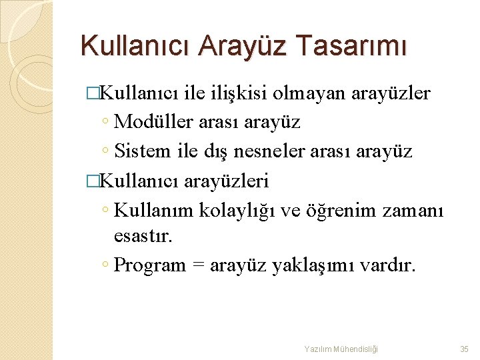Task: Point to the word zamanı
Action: (413, 210)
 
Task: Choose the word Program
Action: (150, 265)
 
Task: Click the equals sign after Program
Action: (198, 265)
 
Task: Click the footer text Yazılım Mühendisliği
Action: (341, 349)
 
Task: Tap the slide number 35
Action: (465, 349)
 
